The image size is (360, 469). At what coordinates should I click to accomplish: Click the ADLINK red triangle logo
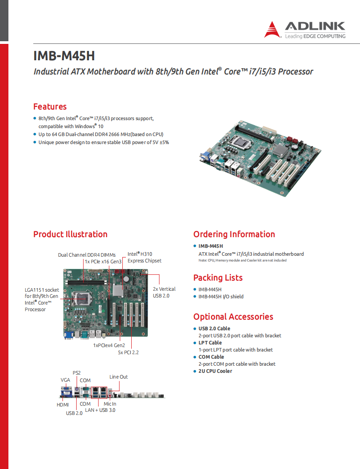coord(273,29)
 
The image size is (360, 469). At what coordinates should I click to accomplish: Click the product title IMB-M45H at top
coord(64,56)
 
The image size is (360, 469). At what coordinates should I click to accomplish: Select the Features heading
coord(50,106)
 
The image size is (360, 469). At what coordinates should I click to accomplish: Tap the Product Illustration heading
coord(70,234)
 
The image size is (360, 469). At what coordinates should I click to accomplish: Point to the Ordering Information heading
coord(234,234)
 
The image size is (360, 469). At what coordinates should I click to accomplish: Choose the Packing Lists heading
coord(218,277)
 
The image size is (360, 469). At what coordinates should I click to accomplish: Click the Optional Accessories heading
coord(233,317)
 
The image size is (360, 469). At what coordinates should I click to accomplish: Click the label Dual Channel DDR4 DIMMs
coord(86,255)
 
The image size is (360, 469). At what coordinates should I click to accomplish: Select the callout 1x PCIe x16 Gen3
coord(103,262)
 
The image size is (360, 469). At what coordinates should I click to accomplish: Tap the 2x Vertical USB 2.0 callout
coord(164,292)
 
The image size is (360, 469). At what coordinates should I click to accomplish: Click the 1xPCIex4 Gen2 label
coord(109,345)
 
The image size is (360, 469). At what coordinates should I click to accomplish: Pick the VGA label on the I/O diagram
coord(65,380)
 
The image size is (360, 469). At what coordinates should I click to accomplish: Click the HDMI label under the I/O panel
coord(63,405)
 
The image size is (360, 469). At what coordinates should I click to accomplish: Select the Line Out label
coord(118,377)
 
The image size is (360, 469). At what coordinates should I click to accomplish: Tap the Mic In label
coord(110,404)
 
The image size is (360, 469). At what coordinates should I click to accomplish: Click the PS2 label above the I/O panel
coord(77,373)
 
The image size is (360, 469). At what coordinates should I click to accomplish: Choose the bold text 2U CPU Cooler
coord(215,371)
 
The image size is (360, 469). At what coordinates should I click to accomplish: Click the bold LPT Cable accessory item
coord(210,343)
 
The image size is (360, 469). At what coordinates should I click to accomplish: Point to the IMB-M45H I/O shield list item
coord(221,297)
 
